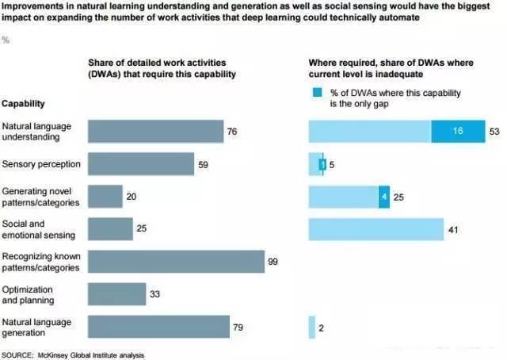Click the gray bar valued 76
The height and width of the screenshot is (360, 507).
click(x=155, y=131)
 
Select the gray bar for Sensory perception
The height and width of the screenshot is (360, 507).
click(x=140, y=164)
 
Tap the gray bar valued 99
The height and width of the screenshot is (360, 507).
click(x=175, y=262)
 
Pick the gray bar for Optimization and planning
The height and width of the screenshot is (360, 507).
click(x=116, y=294)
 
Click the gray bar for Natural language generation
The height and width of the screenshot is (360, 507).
click(x=158, y=327)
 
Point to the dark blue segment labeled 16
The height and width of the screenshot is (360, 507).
click(x=458, y=131)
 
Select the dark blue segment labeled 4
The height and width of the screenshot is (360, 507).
click(x=384, y=197)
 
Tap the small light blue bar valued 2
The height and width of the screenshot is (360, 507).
click(x=310, y=327)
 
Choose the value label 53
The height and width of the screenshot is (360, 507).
click(x=494, y=132)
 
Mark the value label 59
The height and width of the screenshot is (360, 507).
click(x=204, y=164)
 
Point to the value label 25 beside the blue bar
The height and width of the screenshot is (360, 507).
click(x=400, y=197)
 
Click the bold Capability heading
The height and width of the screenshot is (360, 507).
click(x=23, y=104)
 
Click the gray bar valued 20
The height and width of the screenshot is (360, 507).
click(x=105, y=197)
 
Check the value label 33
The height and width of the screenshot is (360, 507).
click(x=156, y=294)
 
